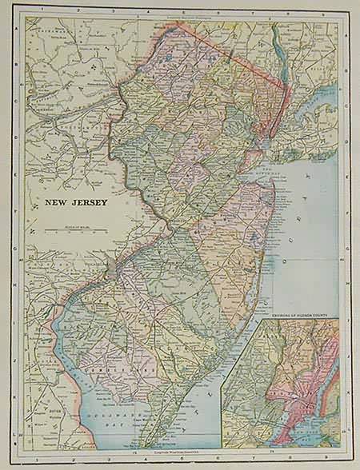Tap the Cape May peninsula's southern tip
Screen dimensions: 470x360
pos(142,444)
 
